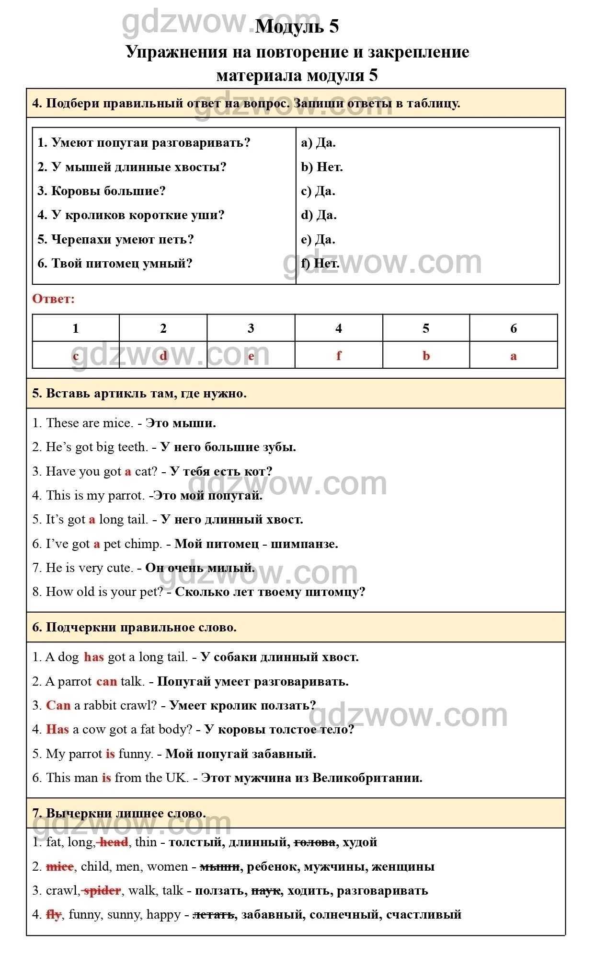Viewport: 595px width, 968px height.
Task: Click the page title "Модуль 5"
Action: coord(297,26)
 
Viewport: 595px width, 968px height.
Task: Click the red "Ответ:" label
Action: coord(54,299)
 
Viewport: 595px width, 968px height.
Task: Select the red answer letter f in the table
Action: coord(339,356)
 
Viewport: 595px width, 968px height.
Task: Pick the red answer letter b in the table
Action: coord(426,356)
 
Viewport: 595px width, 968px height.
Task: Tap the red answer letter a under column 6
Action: coord(514,356)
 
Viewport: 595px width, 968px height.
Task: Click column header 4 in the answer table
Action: coord(339,328)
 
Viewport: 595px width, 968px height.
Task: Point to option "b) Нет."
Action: coord(322,167)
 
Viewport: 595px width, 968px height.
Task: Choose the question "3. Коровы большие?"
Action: coord(102,191)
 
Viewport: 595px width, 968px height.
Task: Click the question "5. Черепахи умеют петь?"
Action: coord(116,239)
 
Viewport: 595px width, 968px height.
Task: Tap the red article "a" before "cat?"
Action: coord(128,471)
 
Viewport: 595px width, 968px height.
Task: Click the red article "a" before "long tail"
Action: coord(92,520)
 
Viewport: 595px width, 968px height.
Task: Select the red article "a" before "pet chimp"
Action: coord(97,544)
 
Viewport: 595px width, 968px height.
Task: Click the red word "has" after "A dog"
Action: coord(94,657)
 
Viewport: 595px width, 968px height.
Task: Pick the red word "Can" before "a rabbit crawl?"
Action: coord(58,705)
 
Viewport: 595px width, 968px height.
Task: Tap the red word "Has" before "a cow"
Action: coord(57,729)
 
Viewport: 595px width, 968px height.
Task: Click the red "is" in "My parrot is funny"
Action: coord(110,754)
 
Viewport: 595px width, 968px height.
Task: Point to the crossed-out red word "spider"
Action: coord(102,890)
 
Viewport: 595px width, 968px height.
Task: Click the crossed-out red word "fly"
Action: coord(54,914)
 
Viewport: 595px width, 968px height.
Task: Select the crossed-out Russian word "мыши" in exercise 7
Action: coord(220,866)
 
